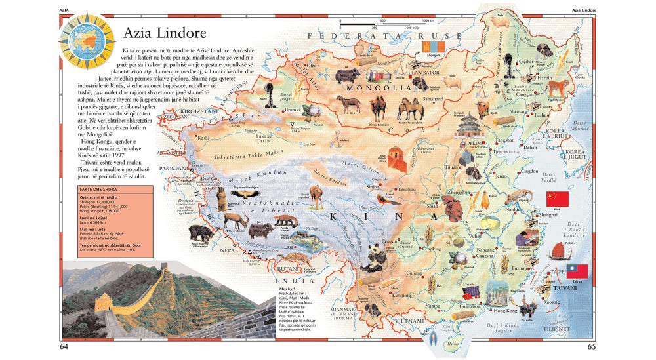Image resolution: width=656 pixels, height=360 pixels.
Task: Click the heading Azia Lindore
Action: pos(165,33)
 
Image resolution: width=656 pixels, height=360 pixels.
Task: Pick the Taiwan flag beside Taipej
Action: pos(577,271)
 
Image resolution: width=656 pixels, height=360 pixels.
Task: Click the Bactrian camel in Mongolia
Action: pos(379,105)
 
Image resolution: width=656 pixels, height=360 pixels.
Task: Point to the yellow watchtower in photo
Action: pos(104,303)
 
